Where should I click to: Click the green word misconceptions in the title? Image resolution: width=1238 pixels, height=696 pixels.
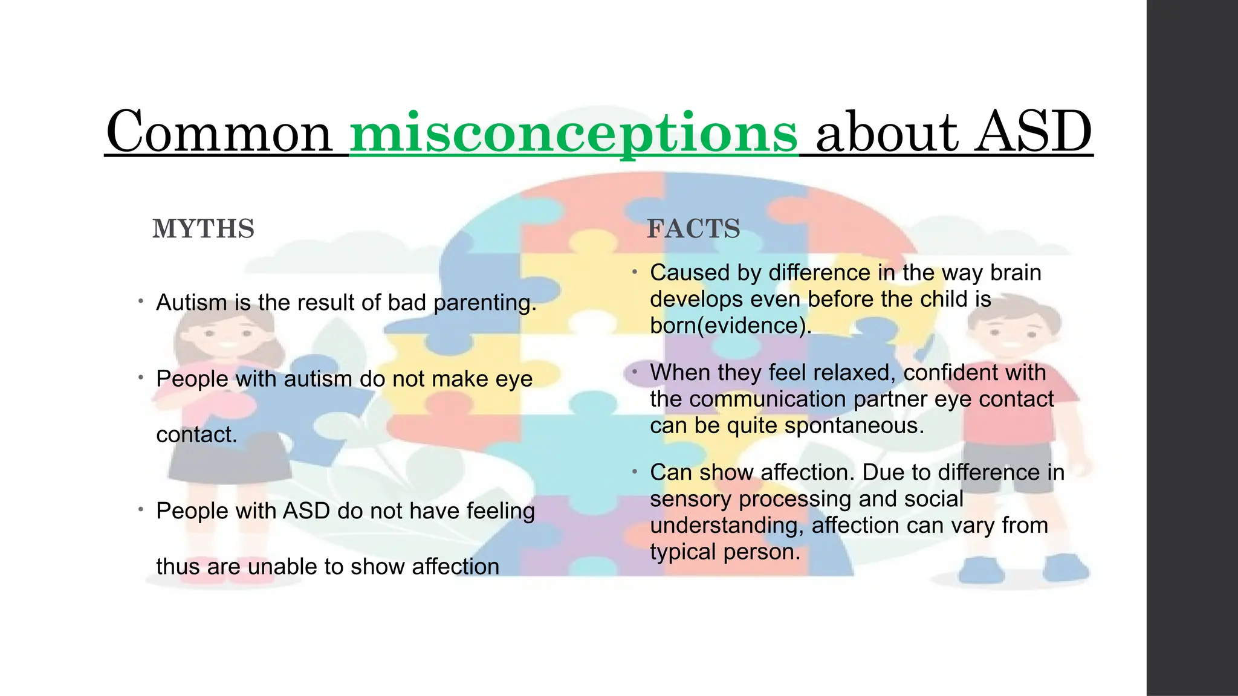[x=574, y=133]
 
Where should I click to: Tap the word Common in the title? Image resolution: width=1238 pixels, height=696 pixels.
[x=219, y=133]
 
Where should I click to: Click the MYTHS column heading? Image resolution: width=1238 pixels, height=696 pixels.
[x=204, y=229]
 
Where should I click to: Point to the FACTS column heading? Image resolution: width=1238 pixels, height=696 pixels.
[x=693, y=229]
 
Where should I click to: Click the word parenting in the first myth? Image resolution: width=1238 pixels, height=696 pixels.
[x=485, y=303]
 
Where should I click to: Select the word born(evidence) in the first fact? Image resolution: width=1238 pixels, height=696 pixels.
[x=730, y=326]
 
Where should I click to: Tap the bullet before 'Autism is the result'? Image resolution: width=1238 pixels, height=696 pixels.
[x=140, y=301]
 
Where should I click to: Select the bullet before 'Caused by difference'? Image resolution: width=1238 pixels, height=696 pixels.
[x=635, y=272]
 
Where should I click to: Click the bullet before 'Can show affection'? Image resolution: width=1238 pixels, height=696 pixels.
[x=635, y=471]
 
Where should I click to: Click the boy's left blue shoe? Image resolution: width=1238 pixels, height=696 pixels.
[x=981, y=569]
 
